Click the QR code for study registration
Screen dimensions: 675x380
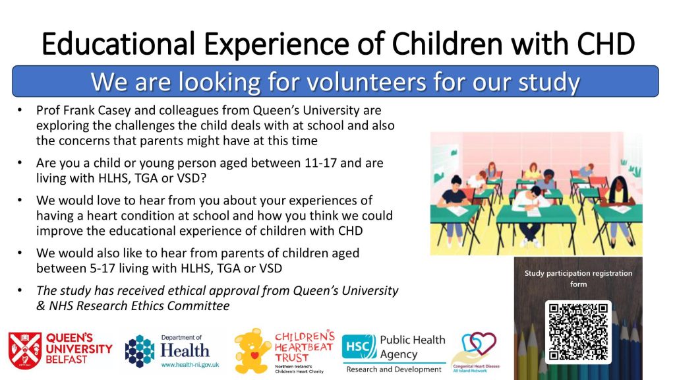(x=578, y=332)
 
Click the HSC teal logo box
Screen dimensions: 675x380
(x=359, y=347)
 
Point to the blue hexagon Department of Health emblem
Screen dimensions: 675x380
(x=140, y=351)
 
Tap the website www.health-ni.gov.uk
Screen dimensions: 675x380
(x=190, y=365)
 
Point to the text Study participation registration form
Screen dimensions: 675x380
(x=578, y=278)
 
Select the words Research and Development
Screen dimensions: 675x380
(x=394, y=369)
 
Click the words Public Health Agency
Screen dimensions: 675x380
(x=413, y=347)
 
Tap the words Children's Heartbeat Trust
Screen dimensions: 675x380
(x=305, y=347)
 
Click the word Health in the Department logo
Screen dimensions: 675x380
(x=185, y=350)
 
